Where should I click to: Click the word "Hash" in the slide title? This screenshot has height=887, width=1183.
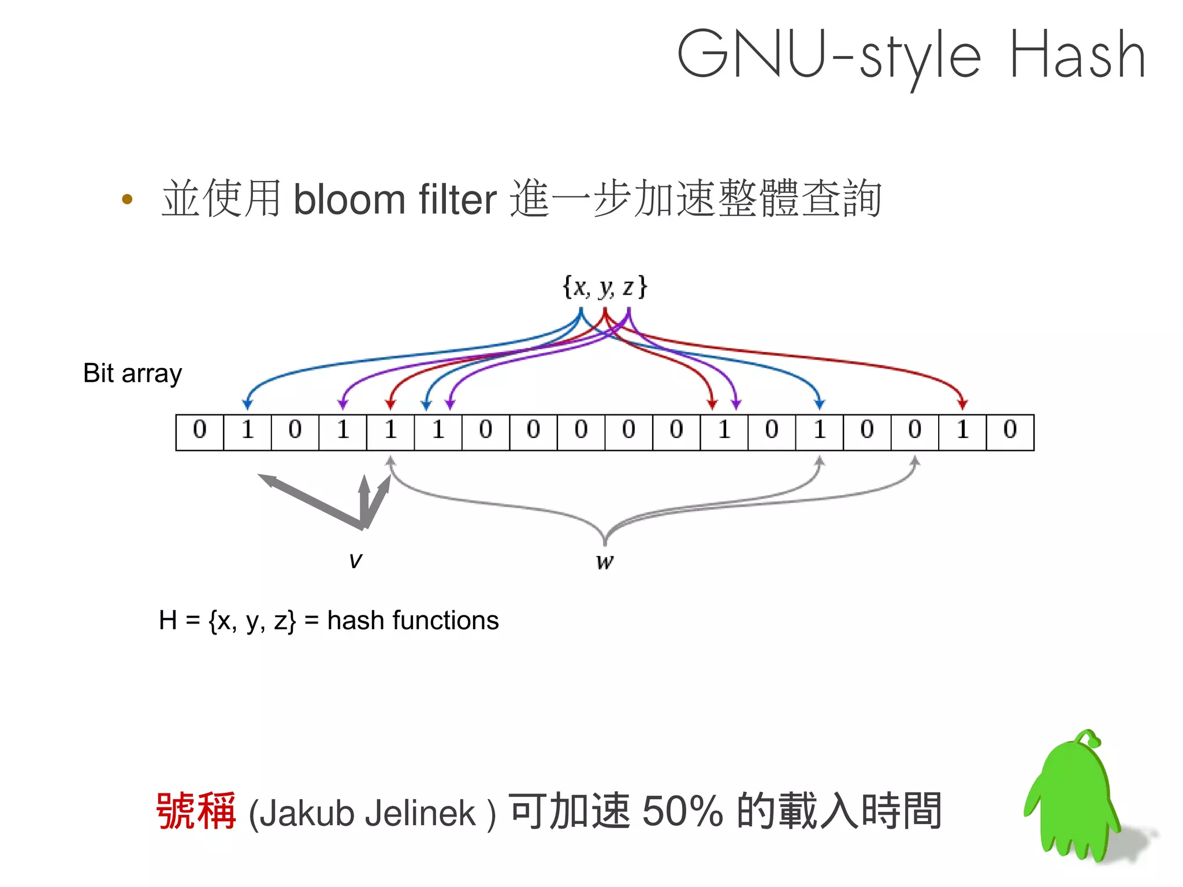click(x=1077, y=55)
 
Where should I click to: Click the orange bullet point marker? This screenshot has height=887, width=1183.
click(x=128, y=200)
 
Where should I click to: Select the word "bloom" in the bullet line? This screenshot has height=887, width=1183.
click(x=349, y=199)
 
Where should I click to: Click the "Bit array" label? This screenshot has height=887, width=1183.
click(x=132, y=373)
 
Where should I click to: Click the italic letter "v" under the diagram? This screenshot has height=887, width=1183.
click(x=355, y=559)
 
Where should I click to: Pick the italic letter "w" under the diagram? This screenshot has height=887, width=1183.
click(x=604, y=561)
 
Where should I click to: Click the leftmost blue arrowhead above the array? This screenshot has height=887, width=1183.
click(x=247, y=404)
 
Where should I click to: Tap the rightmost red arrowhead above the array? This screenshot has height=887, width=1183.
click(x=962, y=404)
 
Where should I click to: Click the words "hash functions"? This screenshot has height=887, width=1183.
click(x=412, y=621)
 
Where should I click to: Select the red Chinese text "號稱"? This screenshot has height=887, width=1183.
click(x=196, y=811)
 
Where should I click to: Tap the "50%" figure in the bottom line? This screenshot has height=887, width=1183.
click(x=682, y=811)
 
